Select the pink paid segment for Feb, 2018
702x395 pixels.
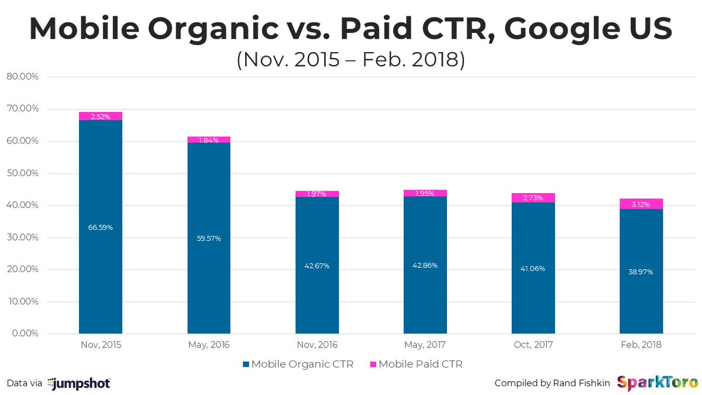[x=641, y=204]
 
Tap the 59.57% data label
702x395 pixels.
[x=209, y=238]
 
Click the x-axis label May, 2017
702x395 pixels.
[x=425, y=345]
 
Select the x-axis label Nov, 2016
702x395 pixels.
[x=316, y=345]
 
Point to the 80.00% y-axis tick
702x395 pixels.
[x=22, y=77]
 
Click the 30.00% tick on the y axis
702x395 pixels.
[x=22, y=238]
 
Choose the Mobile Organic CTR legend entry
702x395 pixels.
[x=299, y=365]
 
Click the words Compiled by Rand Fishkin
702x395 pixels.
[x=552, y=383]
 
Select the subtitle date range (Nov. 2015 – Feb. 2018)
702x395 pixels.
[x=350, y=60]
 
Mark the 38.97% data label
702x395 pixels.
[x=641, y=272]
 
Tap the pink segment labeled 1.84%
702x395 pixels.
[x=209, y=140]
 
